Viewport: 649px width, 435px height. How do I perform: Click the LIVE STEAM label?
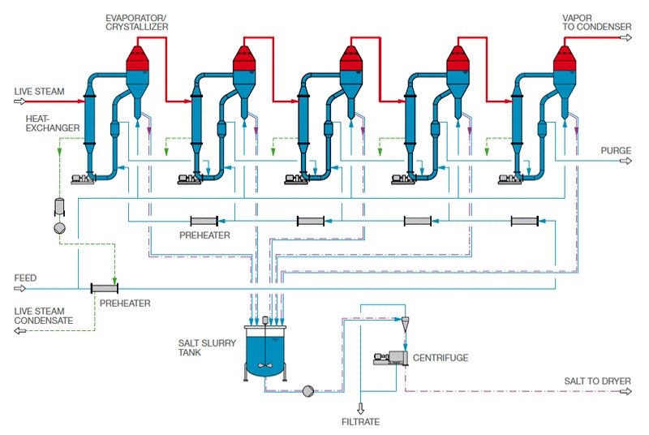click(38, 91)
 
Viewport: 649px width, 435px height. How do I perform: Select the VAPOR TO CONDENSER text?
click(597, 22)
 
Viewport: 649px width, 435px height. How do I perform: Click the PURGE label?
click(616, 150)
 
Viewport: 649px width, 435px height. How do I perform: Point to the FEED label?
click(25, 278)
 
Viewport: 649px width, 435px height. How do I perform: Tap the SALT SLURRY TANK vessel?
click(264, 351)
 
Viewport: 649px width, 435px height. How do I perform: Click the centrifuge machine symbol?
click(388, 358)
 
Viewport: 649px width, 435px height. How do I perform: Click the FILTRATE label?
click(360, 421)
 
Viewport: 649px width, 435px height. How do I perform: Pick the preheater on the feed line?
click(105, 288)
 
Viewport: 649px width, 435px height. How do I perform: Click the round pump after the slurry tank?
click(307, 391)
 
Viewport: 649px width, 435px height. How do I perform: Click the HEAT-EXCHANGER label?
click(51, 123)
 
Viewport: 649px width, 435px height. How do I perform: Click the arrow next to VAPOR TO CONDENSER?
click(625, 37)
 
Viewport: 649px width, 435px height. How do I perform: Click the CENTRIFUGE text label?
click(441, 357)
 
